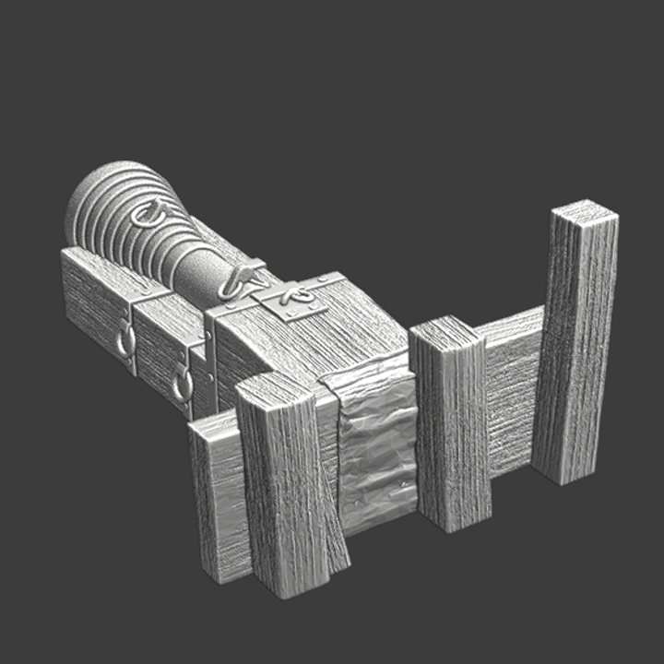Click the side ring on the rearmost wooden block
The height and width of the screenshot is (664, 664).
pyautogui.click(x=125, y=343)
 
